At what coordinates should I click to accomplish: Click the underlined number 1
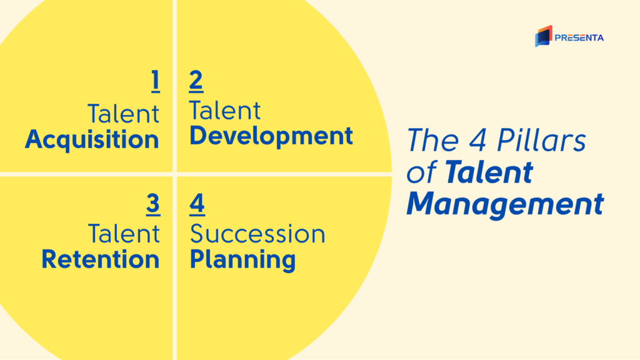pyautogui.click(x=156, y=81)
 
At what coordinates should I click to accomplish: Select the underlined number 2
pyautogui.click(x=196, y=81)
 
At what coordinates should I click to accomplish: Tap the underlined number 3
pyautogui.click(x=153, y=204)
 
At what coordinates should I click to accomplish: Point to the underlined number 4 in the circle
pyautogui.click(x=197, y=204)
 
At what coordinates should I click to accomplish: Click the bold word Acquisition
pyautogui.click(x=92, y=140)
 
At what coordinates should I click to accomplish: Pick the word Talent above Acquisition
pyautogui.click(x=123, y=114)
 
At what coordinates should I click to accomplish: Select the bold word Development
pyautogui.click(x=271, y=136)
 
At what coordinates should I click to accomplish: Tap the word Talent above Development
pyautogui.click(x=225, y=111)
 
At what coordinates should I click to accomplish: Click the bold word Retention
pyautogui.click(x=101, y=259)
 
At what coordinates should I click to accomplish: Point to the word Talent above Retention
pyautogui.click(x=124, y=234)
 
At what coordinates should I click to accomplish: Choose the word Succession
pyautogui.click(x=257, y=234)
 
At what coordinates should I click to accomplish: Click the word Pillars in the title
pyautogui.click(x=541, y=140)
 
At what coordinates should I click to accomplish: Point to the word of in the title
pyautogui.click(x=422, y=172)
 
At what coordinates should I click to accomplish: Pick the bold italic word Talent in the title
pyautogui.click(x=489, y=172)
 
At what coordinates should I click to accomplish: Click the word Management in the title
pyautogui.click(x=505, y=204)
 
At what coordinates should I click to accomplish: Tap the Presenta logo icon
pyautogui.click(x=544, y=36)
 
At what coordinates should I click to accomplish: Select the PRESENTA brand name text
pyautogui.click(x=579, y=38)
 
